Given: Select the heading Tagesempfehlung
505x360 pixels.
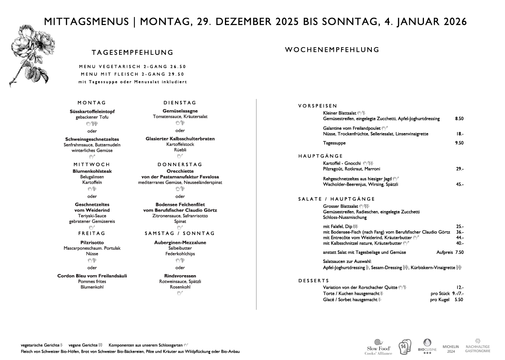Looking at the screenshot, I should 132,53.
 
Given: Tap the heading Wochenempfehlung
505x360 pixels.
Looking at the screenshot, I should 332,49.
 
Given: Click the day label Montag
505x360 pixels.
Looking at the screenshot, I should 92,103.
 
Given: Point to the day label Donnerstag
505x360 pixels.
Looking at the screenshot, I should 180,164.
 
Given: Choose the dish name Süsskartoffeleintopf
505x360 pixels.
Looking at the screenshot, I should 92,112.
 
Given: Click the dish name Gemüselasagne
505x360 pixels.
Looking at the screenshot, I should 180,111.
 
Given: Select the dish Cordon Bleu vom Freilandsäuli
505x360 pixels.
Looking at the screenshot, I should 92,276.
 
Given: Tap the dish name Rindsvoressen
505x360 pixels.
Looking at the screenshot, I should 180,276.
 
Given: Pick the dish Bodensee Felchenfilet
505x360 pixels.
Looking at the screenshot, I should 180,205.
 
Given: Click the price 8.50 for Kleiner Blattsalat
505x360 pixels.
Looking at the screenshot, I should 459,119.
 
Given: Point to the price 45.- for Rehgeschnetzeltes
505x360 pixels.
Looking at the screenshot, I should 460,185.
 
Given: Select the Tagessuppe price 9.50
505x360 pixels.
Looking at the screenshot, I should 459,143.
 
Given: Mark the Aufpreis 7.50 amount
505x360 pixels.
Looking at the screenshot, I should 459,252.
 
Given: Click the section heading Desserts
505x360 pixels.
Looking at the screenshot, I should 314,280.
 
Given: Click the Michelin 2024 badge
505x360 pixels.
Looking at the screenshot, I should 451,349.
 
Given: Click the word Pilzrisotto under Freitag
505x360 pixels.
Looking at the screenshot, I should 92,242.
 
